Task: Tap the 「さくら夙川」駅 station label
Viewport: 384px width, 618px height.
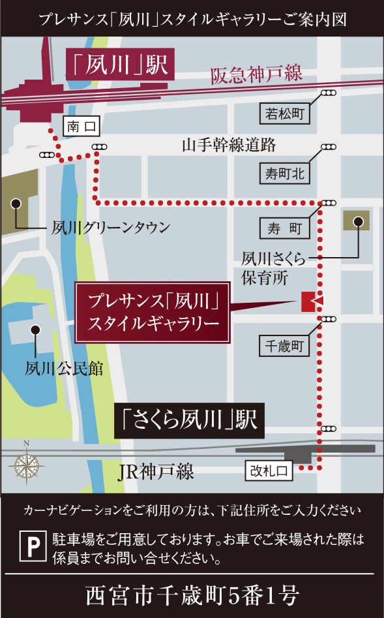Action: [189, 422]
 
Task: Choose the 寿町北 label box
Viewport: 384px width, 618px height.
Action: [285, 174]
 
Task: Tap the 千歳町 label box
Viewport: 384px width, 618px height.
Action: [285, 345]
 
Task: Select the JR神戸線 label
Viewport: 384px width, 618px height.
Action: [156, 471]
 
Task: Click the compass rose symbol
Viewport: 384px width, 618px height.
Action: [26, 464]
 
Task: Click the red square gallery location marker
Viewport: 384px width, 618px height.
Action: [308, 301]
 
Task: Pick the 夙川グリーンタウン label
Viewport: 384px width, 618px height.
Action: [111, 228]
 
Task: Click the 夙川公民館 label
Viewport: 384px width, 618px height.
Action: [65, 369]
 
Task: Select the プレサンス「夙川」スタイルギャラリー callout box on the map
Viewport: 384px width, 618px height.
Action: [153, 313]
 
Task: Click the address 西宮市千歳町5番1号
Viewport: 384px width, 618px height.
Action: [192, 595]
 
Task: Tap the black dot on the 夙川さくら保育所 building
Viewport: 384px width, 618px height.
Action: [357, 221]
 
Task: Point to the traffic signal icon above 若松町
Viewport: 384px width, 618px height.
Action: [329, 93]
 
